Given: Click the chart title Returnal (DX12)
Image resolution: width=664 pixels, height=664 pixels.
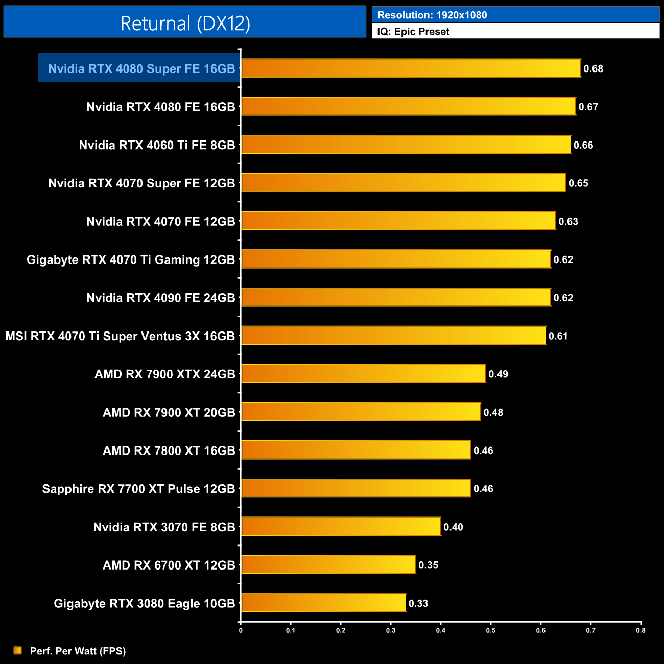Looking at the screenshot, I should tap(185, 23).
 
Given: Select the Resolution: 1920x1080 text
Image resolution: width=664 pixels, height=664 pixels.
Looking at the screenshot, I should tap(432, 15).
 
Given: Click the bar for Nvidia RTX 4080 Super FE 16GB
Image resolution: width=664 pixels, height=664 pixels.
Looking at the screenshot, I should tap(411, 68).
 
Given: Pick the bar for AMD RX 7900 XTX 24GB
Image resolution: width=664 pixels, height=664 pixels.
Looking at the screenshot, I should tap(363, 374).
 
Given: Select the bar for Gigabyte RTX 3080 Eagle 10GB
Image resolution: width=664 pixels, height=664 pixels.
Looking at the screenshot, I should tap(323, 603).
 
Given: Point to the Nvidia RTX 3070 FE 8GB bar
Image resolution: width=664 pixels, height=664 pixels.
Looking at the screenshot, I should tap(341, 527).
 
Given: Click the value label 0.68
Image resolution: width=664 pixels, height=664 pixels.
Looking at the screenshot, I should tap(593, 69).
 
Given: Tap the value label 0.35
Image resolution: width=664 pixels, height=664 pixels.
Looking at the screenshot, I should tap(428, 565).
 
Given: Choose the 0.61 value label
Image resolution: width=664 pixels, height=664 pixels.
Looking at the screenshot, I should tap(558, 336).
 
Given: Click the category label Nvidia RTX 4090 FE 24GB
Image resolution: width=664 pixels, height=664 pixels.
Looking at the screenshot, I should tap(160, 298).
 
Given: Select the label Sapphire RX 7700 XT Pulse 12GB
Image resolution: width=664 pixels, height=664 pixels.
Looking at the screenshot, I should tap(138, 489).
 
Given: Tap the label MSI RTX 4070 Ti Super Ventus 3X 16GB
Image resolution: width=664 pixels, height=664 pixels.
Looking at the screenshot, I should tap(120, 336).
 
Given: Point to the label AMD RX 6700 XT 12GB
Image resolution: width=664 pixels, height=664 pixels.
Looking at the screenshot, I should tap(169, 565).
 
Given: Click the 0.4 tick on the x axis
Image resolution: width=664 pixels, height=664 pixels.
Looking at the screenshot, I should tap(441, 630).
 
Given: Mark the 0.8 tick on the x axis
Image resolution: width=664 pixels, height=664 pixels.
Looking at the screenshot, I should tap(641, 630).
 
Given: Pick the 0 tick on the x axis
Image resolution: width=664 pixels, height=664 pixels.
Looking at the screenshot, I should tap(241, 630).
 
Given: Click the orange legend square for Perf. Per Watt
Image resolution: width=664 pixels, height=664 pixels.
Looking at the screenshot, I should tap(17, 650).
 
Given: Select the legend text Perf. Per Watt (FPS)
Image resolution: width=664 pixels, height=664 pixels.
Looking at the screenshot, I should tap(78, 651).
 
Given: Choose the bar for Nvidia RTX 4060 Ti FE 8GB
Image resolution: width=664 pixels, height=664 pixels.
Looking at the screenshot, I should tap(406, 145).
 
